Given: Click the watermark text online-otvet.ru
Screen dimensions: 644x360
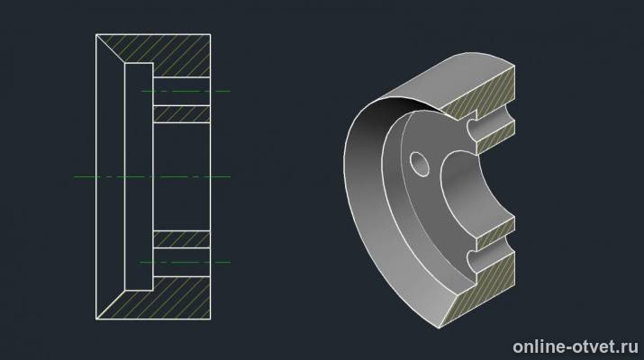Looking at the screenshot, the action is coord(576,346).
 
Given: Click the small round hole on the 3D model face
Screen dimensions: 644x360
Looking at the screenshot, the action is coord(420,164).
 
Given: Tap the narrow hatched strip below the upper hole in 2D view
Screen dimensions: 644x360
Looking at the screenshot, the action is coord(182,114).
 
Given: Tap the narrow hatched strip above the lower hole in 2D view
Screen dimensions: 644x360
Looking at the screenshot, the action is coord(182,239).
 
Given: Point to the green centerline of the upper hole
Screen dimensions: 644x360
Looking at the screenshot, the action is coord(186,91).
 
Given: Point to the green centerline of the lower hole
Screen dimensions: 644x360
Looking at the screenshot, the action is coord(186,262).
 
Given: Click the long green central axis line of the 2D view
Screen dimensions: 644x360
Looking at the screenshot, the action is coord(152,177).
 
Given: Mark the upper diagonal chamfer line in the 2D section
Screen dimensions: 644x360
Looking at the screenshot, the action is coord(111,49).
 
